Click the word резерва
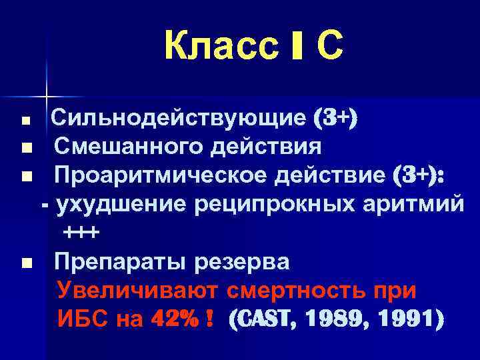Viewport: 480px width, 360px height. pos(241,261)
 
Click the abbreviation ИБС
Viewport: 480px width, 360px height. pos(83,320)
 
